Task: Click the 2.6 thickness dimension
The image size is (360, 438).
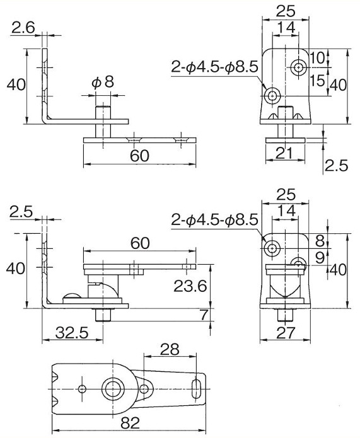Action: (23, 28)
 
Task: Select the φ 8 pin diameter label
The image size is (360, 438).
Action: (103, 83)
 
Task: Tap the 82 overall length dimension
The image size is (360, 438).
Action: (130, 424)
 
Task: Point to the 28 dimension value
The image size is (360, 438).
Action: (170, 349)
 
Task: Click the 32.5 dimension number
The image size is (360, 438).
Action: (72, 332)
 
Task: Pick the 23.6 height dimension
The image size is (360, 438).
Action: (190, 285)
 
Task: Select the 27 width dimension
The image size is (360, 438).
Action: (285, 332)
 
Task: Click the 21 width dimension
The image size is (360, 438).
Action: (284, 153)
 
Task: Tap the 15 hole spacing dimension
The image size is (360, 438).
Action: (317, 81)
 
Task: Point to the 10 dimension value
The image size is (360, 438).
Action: (318, 57)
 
